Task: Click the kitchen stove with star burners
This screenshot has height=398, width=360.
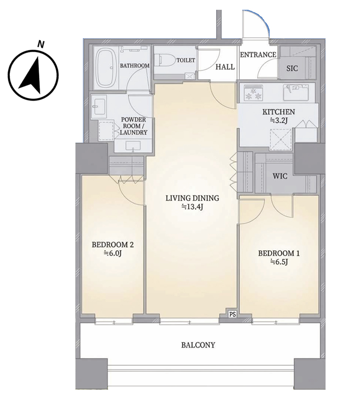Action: pos(253,93)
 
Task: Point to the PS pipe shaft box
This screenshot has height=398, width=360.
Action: pos(232,314)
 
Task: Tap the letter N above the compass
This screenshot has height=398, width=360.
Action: pos(41,44)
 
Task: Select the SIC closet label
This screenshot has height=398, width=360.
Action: pos(292,69)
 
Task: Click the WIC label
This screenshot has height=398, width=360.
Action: pos(280,176)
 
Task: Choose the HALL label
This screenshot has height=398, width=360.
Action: pos(225,67)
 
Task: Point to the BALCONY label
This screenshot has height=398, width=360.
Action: pos(198,345)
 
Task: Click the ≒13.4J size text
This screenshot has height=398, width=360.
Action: pos(192,207)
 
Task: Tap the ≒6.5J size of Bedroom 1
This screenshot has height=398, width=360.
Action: pos(279,261)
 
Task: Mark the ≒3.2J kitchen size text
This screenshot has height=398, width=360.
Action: pos(278,120)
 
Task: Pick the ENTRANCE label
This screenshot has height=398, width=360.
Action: pos(258,55)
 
